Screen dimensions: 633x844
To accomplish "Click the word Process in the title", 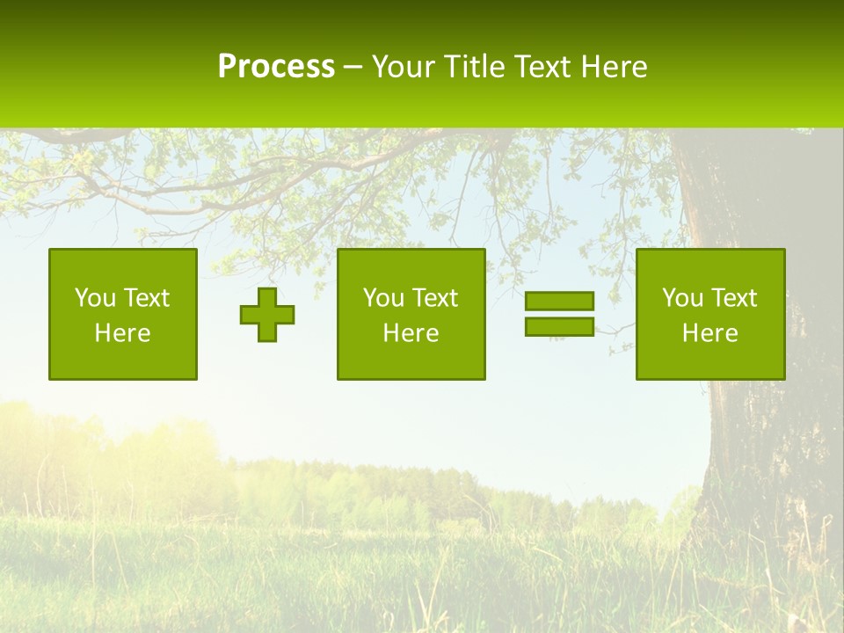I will [x=276, y=67].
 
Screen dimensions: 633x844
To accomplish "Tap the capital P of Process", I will [x=227, y=67].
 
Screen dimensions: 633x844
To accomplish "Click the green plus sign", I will [x=267, y=315].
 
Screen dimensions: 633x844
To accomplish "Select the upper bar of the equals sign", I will [x=559, y=301].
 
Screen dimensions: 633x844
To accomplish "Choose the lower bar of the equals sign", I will [x=559, y=326].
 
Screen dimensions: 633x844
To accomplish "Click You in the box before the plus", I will [x=95, y=298].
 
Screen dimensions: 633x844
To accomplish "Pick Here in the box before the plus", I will [x=122, y=333].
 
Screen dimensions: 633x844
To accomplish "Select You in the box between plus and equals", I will [x=383, y=298].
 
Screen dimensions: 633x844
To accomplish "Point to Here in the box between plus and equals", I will [x=411, y=333].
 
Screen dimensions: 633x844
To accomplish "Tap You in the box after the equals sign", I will [x=682, y=298].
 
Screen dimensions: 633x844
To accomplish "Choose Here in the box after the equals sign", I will [x=709, y=333].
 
